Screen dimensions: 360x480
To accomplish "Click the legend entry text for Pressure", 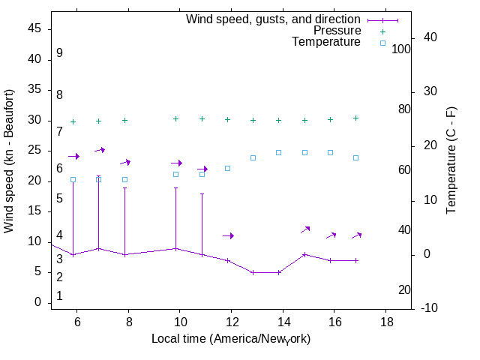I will (337, 31).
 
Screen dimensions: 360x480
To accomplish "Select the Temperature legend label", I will (326, 42).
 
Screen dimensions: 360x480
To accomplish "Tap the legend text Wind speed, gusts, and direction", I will (274, 19).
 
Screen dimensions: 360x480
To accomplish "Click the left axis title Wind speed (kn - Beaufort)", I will (9, 161).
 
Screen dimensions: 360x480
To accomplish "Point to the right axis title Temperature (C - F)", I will (452, 160).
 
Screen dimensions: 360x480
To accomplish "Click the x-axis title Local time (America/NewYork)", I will (231, 339).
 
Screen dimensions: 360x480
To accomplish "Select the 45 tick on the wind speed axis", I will (34, 29).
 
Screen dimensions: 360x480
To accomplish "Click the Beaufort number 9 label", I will (59, 53).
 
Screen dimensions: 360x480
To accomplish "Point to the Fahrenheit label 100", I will (401, 49).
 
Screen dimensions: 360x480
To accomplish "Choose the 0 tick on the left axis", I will (37, 302).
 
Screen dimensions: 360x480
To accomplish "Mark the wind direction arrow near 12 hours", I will (229, 235).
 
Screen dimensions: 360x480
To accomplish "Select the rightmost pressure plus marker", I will (355, 118).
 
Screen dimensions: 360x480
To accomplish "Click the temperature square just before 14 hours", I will (278, 152).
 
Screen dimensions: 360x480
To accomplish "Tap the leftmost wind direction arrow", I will (73, 156).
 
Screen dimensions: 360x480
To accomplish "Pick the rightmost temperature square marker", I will (355, 157).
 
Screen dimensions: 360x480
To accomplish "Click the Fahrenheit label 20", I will (404, 289).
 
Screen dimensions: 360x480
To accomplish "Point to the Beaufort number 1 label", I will (59, 296).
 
